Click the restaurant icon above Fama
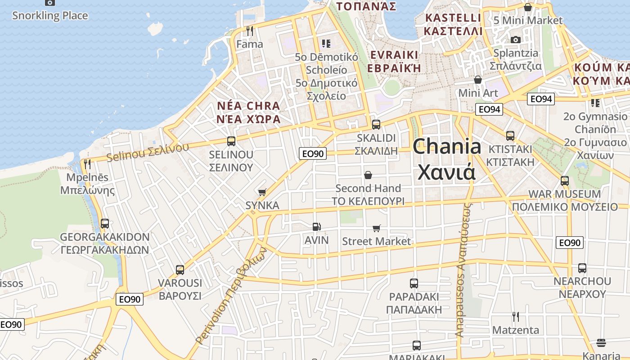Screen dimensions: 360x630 coord(250,31)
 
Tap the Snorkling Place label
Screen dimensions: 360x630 coord(49,16)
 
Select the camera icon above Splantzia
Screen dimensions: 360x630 coord(516,40)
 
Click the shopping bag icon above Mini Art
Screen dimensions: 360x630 coord(478,80)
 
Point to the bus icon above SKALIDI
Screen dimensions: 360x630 coord(376,124)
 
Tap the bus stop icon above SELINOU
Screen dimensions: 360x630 coord(231,141)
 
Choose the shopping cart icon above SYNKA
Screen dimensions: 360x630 coord(262,192)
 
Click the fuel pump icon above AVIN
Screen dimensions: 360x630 coord(317,227)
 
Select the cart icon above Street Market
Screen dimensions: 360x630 coord(376,228)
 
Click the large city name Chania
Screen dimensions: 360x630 coord(446,147)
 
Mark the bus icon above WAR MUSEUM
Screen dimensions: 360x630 coord(564,181)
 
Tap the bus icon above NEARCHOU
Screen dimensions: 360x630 coord(582,268)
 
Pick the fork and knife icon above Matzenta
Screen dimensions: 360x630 coord(515,317)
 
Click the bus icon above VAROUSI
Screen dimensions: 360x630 coord(180,270)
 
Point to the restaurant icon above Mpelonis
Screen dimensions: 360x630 coord(87,164)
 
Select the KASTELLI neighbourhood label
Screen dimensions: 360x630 coord(453,18)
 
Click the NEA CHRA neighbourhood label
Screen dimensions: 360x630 coord(248,106)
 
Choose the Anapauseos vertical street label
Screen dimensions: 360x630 coord(463,270)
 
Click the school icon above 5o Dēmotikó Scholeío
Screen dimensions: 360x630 coord(326,44)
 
